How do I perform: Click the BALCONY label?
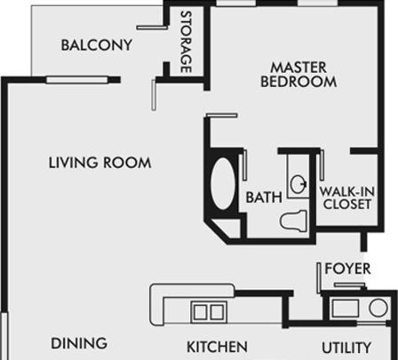pos(97,45)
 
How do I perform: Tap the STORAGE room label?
pos(186,42)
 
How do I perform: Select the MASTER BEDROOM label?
pos(298,75)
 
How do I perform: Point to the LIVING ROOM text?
pos(99,163)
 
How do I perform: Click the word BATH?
pos(264,197)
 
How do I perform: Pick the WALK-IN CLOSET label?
pos(346,198)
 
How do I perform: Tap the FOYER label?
pos(347,268)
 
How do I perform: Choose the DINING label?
pos(79,343)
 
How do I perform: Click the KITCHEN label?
pos(217,347)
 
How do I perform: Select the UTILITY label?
pos(346,348)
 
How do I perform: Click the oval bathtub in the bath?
pos(223,184)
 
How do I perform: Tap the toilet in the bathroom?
pos(293,220)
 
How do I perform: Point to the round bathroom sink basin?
pos(298,184)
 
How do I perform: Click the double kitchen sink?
pos(209,312)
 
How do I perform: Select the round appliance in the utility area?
pos(378,308)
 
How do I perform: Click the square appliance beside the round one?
pos(345,308)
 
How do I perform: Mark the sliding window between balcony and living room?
pos(76,80)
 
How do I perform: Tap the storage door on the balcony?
pos(152,28)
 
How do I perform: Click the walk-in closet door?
pos(322,164)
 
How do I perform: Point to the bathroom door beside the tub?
pos(245,164)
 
